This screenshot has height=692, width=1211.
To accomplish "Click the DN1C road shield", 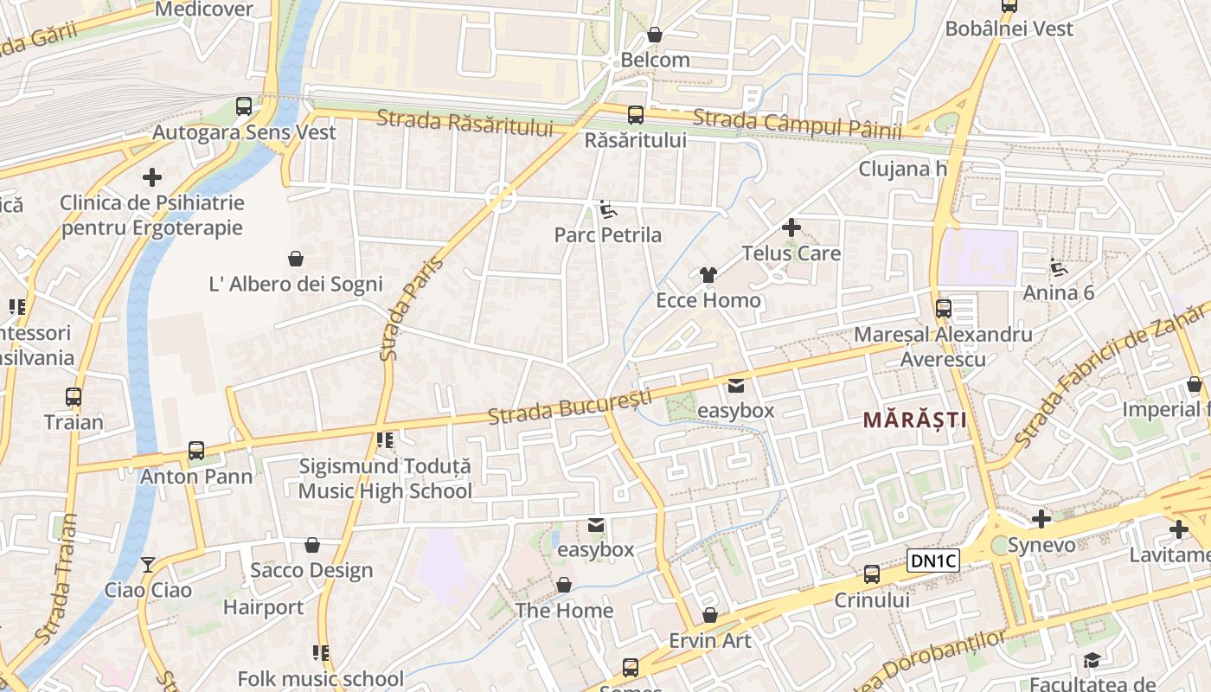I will tap(934, 561).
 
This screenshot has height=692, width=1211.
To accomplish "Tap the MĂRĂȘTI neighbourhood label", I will tap(914, 420).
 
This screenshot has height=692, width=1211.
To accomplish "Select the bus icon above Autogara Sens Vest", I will tap(244, 106).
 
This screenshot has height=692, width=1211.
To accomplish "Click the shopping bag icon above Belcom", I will tap(655, 35).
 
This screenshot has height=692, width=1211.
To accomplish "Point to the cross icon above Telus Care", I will tap(791, 228).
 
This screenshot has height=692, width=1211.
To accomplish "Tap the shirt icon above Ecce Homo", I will tap(708, 275).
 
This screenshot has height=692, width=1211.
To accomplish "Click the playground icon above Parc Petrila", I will tap(607, 209).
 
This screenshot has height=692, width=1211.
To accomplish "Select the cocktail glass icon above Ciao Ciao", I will tap(148, 565).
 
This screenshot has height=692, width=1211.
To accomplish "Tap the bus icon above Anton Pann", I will tap(196, 451).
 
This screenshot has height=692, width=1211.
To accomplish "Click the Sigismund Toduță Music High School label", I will tap(385, 478).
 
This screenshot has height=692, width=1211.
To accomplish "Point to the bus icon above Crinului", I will tap(871, 574).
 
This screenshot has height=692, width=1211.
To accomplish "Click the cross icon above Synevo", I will tap(1041, 519).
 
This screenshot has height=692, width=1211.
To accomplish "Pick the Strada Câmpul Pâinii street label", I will tap(797, 124).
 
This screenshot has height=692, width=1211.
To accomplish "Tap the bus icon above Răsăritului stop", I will tap(636, 114).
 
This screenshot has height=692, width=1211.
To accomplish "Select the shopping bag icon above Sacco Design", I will tap(311, 545).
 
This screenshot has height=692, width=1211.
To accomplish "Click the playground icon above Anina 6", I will tap(1058, 266).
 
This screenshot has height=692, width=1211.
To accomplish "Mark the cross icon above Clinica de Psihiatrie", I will tap(152, 177).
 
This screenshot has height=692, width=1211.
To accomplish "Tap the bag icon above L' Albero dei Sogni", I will tap(296, 258).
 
